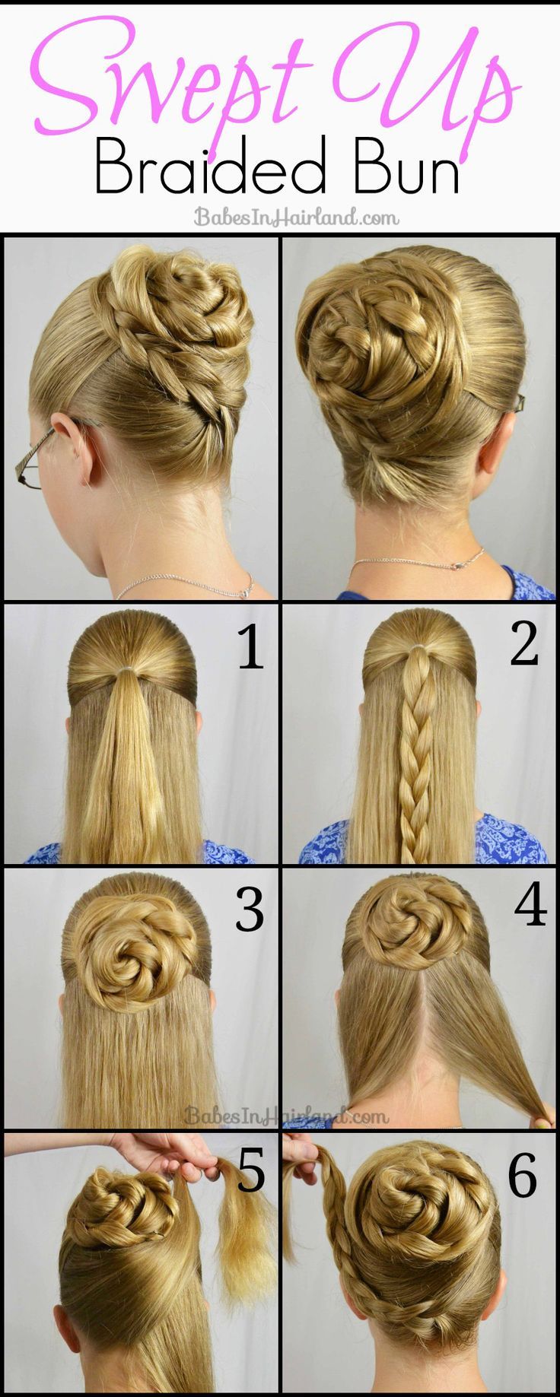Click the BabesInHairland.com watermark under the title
[x=295, y=217]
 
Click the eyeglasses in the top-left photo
[x=46, y=456]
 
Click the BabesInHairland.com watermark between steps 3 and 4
[x=286, y=1116]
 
